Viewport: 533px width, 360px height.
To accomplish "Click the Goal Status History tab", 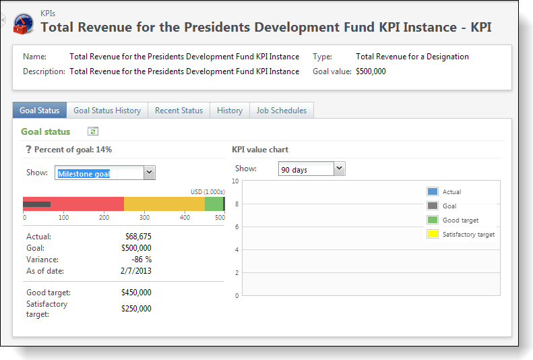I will (x=107, y=111).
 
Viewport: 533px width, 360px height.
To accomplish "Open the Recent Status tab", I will (x=179, y=111).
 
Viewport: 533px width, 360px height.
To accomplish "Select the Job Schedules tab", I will (x=281, y=111).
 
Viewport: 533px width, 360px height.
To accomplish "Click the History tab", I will (x=229, y=111).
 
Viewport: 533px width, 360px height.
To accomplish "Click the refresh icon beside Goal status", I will (x=93, y=132).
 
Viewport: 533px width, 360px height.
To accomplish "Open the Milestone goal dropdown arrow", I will (x=150, y=173).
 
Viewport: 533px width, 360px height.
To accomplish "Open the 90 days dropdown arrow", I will (x=340, y=169).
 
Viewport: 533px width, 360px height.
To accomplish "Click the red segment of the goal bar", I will (x=88, y=204).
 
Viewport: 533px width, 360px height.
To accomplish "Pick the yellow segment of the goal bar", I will (x=164, y=204).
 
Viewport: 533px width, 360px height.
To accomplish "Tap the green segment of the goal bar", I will (x=214, y=204).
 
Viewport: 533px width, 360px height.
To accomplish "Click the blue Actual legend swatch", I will (x=433, y=192).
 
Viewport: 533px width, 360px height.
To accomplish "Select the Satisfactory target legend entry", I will (x=468, y=235).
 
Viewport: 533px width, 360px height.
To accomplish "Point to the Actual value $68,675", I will (x=138, y=237).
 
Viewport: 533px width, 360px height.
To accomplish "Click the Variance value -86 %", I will (x=142, y=260).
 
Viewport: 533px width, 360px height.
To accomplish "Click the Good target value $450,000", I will (x=136, y=293).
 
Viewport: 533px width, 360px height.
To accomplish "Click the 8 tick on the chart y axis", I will (x=237, y=204).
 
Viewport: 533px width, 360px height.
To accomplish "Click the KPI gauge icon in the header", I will (x=24, y=23).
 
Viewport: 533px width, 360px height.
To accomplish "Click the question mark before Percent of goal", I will (x=28, y=150).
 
